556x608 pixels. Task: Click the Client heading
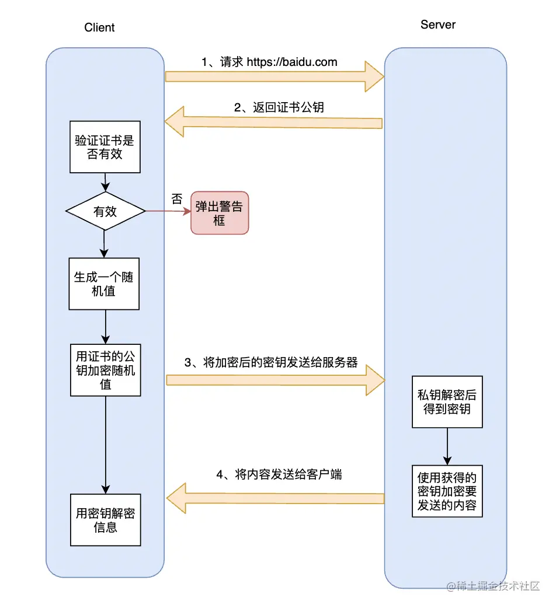(x=99, y=27)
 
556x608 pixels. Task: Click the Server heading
(x=437, y=25)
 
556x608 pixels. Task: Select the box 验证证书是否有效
(x=105, y=147)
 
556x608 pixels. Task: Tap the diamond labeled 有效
(x=105, y=211)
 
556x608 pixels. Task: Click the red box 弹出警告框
(x=219, y=213)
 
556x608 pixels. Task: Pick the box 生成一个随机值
(x=104, y=284)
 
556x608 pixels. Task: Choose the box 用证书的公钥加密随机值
(x=105, y=370)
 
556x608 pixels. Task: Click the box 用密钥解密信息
(x=105, y=520)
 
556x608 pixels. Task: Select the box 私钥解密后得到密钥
(x=447, y=401)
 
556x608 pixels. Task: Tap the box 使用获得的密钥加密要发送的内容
(x=447, y=491)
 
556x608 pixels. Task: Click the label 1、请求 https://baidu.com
(x=269, y=62)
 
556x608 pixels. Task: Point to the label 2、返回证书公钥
(x=279, y=107)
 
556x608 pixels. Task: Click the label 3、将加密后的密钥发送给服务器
(x=271, y=362)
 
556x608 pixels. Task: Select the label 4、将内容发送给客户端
(x=279, y=474)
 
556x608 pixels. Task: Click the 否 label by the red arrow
(x=176, y=198)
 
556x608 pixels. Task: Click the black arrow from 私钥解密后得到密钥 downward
(x=447, y=446)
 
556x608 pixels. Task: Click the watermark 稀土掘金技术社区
(x=494, y=586)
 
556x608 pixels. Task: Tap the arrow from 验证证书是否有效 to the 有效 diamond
(x=105, y=182)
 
